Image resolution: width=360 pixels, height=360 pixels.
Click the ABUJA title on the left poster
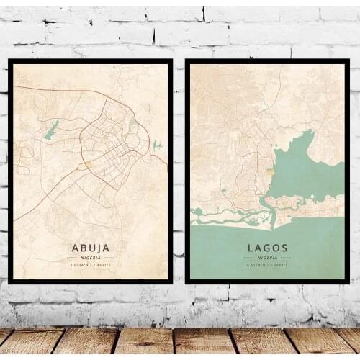pos(91,248)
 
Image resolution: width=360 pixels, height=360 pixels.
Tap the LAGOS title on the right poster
pos(267,248)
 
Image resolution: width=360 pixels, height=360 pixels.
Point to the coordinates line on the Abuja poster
pos(91,265)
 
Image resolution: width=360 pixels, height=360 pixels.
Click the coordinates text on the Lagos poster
pos(267,265)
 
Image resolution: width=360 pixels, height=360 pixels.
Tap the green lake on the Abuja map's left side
pos(50,130)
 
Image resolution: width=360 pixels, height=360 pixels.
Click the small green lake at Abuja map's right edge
pos(156,145)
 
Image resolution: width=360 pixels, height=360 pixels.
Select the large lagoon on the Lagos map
pos(306,166)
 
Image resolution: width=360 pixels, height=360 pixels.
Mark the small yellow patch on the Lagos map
pos(269,171)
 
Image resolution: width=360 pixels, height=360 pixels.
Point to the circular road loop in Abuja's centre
pos(108,140)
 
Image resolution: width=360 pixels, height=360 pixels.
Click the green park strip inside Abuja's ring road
pos(131,126)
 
